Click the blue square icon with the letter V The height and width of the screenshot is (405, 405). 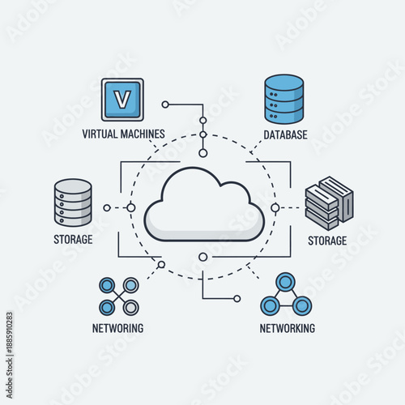pos(122,100)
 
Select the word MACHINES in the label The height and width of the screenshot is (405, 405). pos(143,134)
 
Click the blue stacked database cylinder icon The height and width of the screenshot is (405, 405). pos(284,99)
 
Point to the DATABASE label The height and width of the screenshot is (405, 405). pos(285,134)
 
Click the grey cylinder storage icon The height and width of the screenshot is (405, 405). pos(72,202)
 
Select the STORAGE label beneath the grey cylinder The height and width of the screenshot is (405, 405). pos(74,239)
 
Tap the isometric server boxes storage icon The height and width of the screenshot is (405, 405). pos(328,204)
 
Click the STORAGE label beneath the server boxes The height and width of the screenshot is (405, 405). pos(327,241)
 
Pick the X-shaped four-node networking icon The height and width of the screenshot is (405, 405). pos(119,296)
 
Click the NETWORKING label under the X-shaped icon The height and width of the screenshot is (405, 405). pos(118,328)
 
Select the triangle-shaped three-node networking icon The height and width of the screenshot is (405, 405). pos(285,295)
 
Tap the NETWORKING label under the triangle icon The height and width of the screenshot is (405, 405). pos(288,328)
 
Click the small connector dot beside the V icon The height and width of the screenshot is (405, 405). pos(165,104)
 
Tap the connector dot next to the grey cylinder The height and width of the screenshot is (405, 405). pos(107,208)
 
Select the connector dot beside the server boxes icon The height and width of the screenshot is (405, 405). pos(275,208)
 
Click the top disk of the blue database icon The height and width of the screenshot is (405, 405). pos(284,82)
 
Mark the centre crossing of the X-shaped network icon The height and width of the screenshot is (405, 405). pos(119,296)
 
